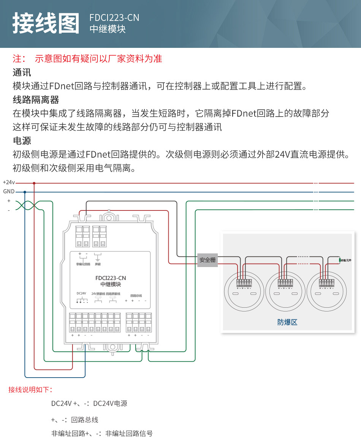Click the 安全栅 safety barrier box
[x=207, y=260]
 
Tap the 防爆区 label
[x=287, y=322]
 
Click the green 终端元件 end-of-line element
[x=339, y=260]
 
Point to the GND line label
[x=9, y=192]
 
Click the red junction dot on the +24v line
[x=34, y=183]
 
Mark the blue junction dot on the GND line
[x=25, y=192]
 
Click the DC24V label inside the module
[x=82, y=293]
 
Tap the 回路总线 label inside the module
[x=136, y=296]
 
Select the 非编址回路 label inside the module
[x=83, y=264]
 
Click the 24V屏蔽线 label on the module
[x=98, y=294]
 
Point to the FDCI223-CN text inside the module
[x=111, y=278]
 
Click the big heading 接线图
[x=46, y=23]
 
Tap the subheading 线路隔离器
[x=36, y=100]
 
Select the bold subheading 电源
[x=22, y=141]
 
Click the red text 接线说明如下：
[x=30, y=390]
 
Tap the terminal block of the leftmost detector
[x=244, y=283]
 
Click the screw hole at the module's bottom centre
[x=112, y=347]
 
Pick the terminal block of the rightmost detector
[x=326, y=283]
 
